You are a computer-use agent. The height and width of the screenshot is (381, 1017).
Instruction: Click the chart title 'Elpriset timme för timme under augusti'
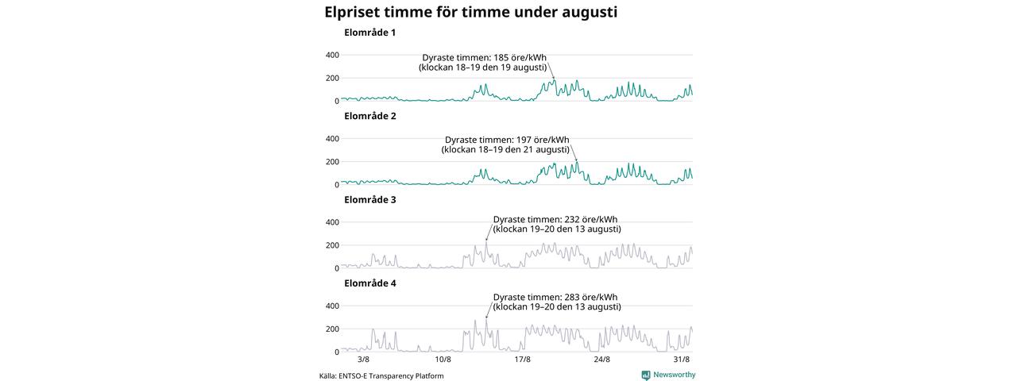471,12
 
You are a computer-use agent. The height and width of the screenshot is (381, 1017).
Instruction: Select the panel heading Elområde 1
370,33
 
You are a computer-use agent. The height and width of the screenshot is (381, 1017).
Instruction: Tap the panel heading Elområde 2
370,116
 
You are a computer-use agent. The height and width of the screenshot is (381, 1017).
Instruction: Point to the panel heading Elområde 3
370,199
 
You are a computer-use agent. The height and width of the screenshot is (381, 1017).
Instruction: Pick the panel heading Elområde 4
370,283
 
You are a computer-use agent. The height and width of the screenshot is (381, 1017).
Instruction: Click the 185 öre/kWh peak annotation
482,63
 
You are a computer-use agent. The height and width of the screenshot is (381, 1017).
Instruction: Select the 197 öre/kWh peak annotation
505,144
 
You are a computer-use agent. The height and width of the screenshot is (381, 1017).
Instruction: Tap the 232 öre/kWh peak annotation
557,224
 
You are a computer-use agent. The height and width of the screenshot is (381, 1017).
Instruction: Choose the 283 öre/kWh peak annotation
557,302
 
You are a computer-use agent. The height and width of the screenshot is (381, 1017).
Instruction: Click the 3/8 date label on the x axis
363,360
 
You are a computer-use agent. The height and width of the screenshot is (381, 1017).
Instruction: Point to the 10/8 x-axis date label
443,360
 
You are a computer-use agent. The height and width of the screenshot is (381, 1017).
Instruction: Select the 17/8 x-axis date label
522,360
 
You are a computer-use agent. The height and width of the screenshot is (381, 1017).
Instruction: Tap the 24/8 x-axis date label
602,360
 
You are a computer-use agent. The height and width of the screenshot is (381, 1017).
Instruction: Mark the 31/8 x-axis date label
682,360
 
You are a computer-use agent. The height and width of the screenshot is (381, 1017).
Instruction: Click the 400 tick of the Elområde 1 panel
332,56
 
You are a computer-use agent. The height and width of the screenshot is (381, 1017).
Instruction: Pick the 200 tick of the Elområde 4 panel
332,329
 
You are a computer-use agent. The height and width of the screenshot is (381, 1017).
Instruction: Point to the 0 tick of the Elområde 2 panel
337,185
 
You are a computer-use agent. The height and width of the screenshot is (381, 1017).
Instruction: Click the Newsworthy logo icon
646,375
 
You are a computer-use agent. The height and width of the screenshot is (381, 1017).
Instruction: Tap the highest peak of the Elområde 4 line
485,319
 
